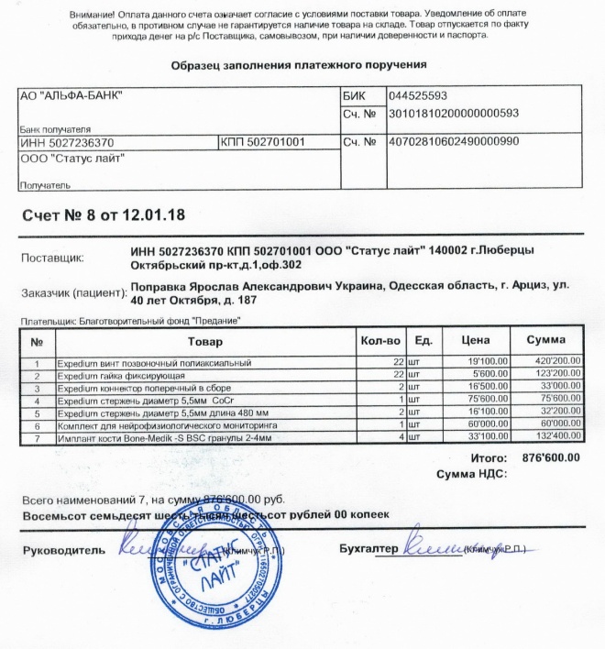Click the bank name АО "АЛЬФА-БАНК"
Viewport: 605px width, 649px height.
[x=72, y=96]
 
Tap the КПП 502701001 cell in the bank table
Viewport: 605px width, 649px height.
[x=269, y=143]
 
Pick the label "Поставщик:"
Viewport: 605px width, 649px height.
[x=52, y=258]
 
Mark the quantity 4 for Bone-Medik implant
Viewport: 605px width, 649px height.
[x=401, y=439]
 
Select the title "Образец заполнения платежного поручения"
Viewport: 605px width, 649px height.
[x=299, y=66]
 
